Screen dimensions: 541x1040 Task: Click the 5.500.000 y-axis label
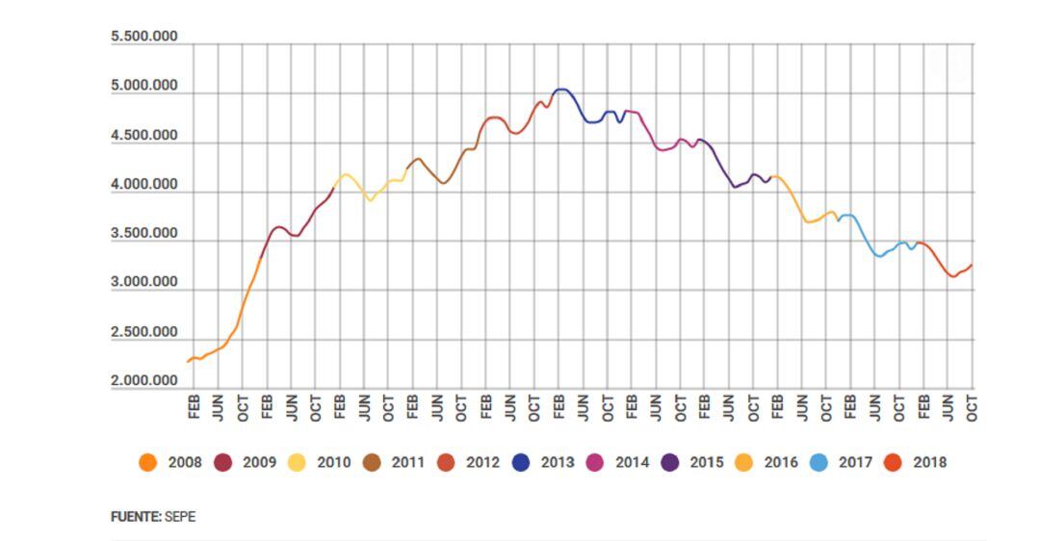(144, 37)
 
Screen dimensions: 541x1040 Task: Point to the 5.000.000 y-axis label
(144, 86)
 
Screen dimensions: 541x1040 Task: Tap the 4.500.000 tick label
(144, 136)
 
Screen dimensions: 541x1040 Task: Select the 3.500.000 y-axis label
(144, 234)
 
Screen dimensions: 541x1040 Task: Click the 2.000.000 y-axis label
(144, 381)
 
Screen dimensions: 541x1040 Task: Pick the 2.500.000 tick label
(144, 332)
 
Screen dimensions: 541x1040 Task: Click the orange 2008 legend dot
(148, 462)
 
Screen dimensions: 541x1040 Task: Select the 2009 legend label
(259, 462)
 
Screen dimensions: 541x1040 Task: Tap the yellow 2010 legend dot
(298, 462)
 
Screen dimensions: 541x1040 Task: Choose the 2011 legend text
(407, 462)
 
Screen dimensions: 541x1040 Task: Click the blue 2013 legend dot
(521, 462)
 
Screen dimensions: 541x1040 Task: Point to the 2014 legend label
(632, 462)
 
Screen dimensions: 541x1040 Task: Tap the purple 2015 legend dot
(670, 462)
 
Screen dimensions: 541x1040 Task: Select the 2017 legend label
(855, 462)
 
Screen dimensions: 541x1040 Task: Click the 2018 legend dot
(894, 462)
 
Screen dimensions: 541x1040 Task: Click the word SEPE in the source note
(180, 517)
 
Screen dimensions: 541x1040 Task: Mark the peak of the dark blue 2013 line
(561, 90)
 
